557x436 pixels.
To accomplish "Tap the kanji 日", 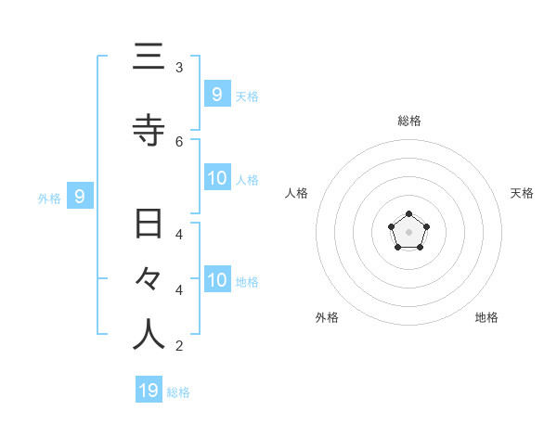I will (x=149, y=224).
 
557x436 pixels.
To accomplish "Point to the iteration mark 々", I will (x=149, y=279).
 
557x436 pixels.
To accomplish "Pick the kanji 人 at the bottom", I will (x=149, y=334).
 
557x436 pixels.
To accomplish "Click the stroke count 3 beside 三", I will (x=179, y=68).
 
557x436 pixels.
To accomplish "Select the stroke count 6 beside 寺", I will (x=179, y=141).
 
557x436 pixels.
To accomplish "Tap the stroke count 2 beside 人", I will (x=179, y=346).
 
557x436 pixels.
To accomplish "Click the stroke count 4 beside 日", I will (x=179, y=235).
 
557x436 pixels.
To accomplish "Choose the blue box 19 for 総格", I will (x=149, y=391).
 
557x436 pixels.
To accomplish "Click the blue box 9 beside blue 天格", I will (x=216, y=94).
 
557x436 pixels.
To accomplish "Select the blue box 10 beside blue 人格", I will (x=217, y=178).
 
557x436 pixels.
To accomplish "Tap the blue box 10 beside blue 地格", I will (x=217, y=280).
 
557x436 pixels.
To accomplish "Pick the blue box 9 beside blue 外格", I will (x=80, y=196).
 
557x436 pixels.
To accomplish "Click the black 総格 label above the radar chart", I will (x=409, y=121).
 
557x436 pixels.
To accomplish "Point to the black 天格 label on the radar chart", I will (x=522, y=193).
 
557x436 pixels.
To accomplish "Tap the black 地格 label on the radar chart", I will (x=486, y=317).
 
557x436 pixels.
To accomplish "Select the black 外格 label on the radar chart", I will (x=327, y=317).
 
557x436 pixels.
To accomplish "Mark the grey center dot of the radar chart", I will (x=408, y=232).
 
